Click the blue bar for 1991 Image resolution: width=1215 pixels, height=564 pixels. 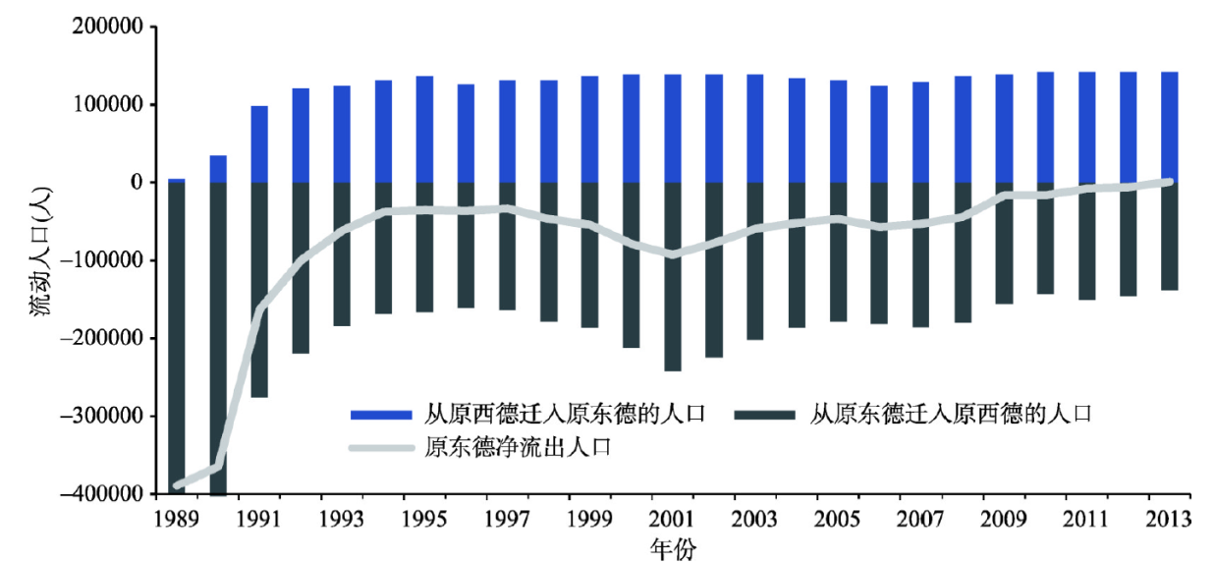coord(259,143)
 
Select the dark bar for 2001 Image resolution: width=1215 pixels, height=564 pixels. coord(673,276)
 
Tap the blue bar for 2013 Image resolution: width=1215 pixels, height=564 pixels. coord(1169,127)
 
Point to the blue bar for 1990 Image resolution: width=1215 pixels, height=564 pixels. coord(218,169)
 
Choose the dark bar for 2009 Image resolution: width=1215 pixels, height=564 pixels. coord(1004,243)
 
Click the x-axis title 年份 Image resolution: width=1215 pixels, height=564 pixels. coord(673,548)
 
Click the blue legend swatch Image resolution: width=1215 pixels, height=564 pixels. coord(379,414)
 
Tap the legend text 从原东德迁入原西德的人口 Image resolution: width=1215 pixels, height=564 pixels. coord(950,413)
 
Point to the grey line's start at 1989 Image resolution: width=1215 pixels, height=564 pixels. coord(177,485)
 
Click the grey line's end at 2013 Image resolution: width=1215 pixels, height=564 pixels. coord(1169,182)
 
